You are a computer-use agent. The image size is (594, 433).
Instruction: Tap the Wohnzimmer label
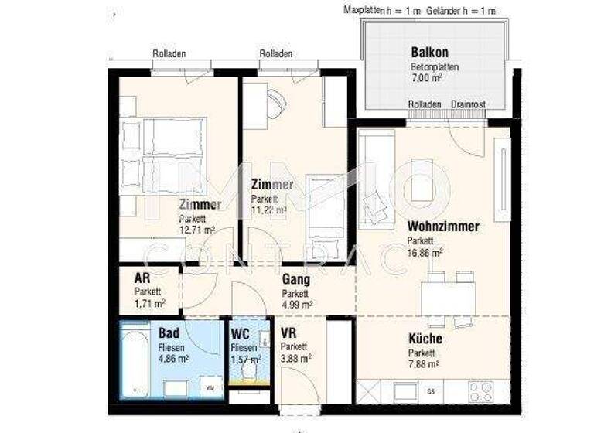443,227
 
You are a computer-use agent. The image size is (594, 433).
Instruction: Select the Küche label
425,339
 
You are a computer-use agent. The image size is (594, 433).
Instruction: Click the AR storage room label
142,279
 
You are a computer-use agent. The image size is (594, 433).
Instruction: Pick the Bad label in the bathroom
169,333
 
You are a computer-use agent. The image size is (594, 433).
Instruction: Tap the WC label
240,334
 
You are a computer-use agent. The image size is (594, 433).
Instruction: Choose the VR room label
289,333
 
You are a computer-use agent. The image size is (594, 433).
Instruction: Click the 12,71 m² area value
197,230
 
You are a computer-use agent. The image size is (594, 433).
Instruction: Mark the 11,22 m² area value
269,210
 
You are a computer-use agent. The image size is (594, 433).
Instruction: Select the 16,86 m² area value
425,252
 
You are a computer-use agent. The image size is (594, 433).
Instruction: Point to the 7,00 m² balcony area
426,78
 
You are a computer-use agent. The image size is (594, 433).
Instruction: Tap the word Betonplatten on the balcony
435,67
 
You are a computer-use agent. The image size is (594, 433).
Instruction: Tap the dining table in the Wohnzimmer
449,295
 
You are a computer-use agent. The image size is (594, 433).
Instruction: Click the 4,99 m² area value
297,305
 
